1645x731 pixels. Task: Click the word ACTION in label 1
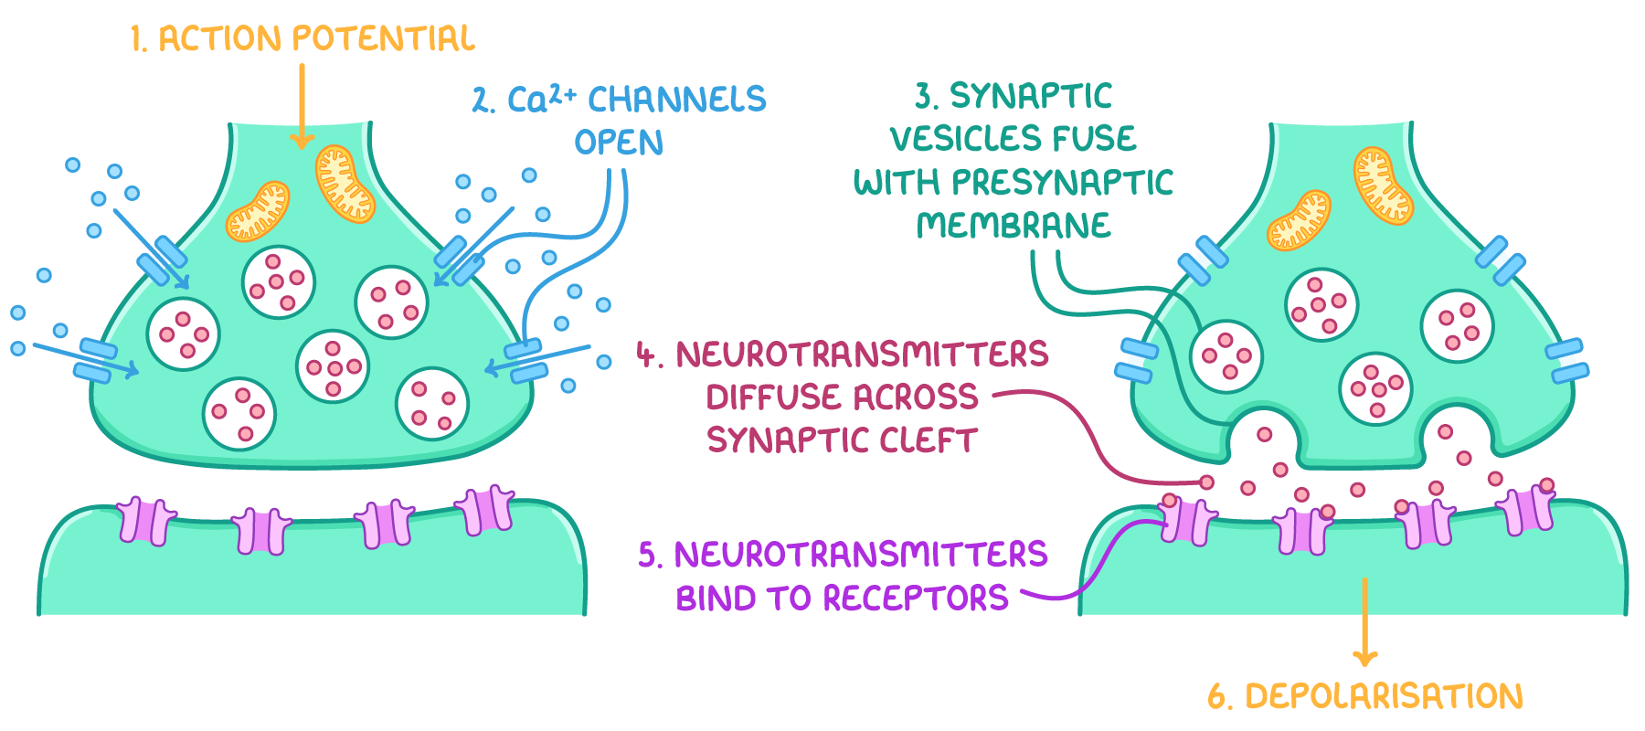tap(220, 39)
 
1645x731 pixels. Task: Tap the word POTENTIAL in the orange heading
tap(383, 39)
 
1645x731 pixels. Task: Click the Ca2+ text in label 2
tap(540, 99)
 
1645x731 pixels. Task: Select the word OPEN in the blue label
tap(619, 143)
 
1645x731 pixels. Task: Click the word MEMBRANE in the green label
tap(1014, 226)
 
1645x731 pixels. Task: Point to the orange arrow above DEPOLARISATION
tap(1364, 621)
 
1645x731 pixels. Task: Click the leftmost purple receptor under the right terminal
tap(1187, 521)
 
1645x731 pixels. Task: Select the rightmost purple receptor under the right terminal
tap(1528, 510)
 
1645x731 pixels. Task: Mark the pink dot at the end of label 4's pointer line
tap(1206, 482)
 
